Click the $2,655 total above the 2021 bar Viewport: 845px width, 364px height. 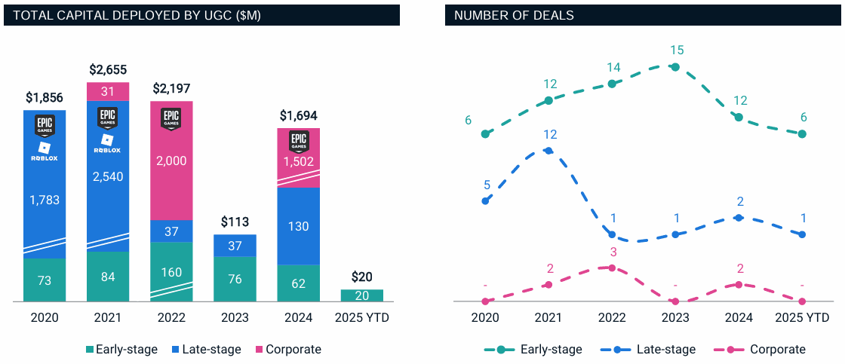[108, 70]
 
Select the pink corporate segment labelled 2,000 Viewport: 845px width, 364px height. [172, 161]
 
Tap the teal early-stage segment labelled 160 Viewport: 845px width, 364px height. [172, 271]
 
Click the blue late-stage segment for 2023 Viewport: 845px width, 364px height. [235, 246]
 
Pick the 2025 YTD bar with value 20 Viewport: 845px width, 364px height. [361, 295]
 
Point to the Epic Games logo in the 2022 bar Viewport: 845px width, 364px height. [172, 119]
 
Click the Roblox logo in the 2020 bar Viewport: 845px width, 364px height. [45, 151]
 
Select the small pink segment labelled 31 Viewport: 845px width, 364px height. [108, 91]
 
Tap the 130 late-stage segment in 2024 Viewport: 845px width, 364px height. [298, 226]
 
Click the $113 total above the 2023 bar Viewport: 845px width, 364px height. [235, 222]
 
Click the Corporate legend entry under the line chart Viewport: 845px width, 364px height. [770, 349]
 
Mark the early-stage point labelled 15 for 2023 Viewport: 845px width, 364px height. [675, 67]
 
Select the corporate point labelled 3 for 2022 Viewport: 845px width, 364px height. [612, 268]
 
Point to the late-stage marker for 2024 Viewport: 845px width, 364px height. [739, 217]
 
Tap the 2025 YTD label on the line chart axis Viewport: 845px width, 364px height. [802, 318]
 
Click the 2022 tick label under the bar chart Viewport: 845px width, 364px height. [172, 318]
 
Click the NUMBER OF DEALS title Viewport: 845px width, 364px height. [509, 15]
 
